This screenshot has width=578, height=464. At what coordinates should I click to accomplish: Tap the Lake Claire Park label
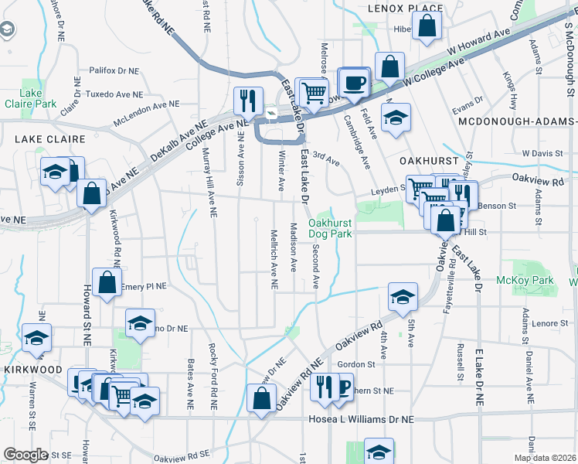(x=31, y=98)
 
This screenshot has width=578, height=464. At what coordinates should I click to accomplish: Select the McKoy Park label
(x=525, y=280)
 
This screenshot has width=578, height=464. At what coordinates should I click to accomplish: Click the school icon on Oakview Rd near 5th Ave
(x=402, y=296)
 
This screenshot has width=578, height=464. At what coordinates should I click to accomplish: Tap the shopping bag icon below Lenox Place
(x=427, y=26)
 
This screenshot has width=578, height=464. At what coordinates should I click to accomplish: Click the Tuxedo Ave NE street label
(x=116, y=95)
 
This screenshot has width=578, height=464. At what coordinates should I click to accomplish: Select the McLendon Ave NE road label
(x=145, y=112)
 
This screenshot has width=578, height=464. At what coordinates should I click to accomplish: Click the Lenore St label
(x=549, y=323)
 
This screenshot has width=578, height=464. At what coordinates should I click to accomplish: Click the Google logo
(x=26, y=455)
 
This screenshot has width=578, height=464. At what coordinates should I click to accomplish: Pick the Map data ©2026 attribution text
(x=545, y=458)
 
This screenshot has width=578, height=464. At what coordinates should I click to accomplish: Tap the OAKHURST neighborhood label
(x=430, y=160)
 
